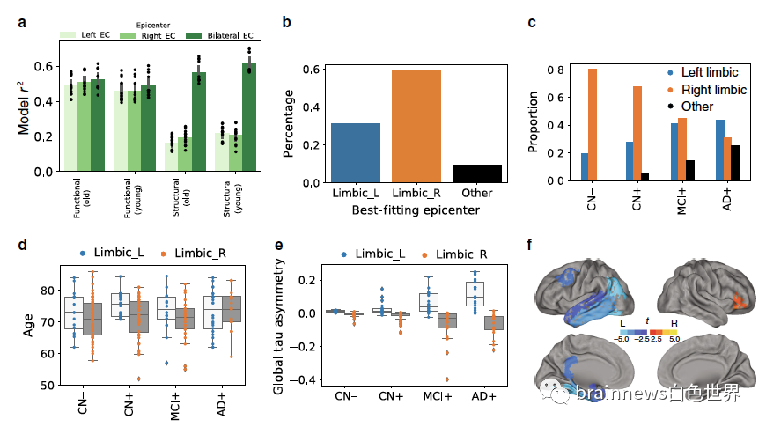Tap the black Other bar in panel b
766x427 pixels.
[477, 173]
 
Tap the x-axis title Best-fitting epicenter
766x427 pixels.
[404, 210]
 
